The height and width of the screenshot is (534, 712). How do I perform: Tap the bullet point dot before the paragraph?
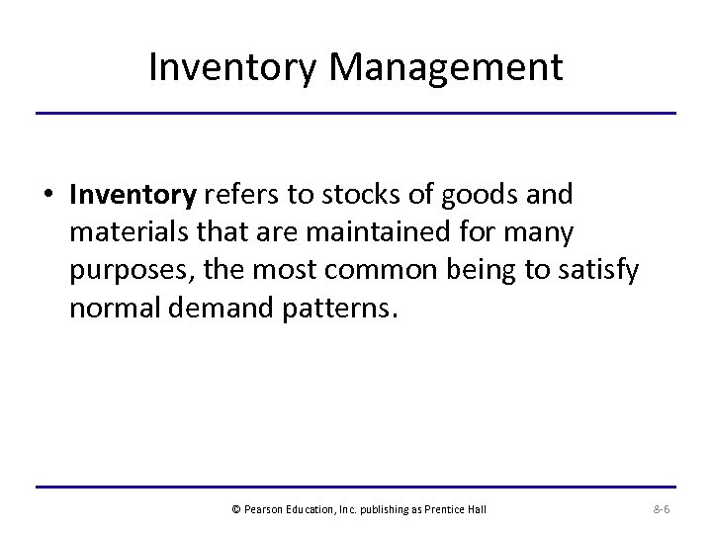(x=48, y=196)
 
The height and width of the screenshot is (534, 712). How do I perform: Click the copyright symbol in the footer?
(x=235, y=509)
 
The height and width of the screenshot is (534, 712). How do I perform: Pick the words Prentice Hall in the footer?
(x=456, y=509)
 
